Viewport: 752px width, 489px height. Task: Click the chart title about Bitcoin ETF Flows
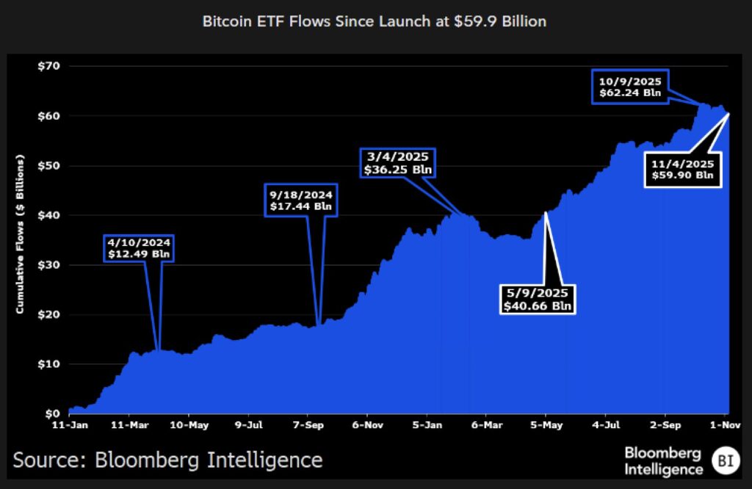pyautogui.click(x=375, y=21)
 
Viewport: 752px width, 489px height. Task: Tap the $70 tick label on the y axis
pyautogui.click(x=49, y=66)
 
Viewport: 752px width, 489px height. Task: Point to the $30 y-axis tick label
pyautogui.click(x=49, y=265)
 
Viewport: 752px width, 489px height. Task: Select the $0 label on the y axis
pyautogui.click(x=52, y=413)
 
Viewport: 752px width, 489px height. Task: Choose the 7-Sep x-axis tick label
pyautogui.click(x=309, y=424)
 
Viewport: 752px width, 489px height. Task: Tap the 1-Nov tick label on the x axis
pyautogui.click(x=723, y=424)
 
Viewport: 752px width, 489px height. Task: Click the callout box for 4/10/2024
pyautogui.click(x=140, y=248)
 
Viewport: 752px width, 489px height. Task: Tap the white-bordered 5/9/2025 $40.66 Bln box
pyautogui.click(x=538, y=300)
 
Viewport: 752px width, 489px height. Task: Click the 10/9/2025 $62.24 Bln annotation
pyautogui.click(x=630, y=87)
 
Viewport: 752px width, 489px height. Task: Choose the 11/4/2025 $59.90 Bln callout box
pyautogui.click(x=683, y=170)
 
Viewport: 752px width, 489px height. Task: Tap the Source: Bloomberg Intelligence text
pyautogui.click(x=167, y=460)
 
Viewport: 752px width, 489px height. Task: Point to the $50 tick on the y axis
pyautogui.click(x=49, y=166)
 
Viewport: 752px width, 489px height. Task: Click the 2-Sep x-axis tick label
pyautogui.click(x=664, y=424)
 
